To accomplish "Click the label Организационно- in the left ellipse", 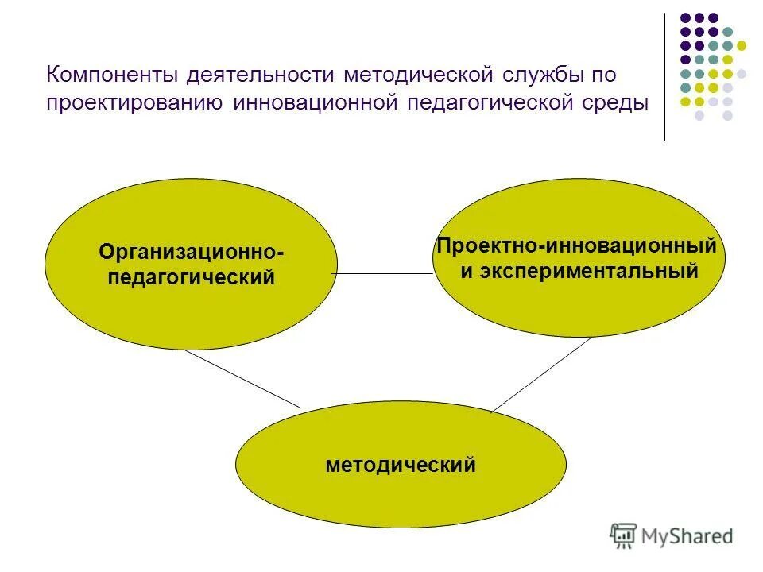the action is (192, 252).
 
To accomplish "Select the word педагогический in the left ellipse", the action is (192, 277).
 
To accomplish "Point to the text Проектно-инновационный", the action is (577, 245).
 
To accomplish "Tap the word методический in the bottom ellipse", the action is (401, 465).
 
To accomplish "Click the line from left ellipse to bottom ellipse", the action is (242, 378).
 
